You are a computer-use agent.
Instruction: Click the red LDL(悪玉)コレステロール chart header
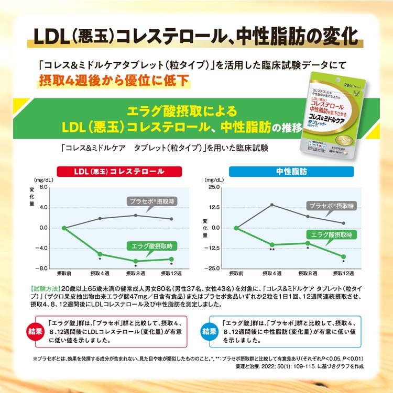[119, 171]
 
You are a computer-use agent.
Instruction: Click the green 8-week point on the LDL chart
[135, 261]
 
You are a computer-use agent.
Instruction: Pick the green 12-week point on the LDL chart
[171, 259]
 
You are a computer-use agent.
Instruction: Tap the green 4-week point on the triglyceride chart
[272, 244]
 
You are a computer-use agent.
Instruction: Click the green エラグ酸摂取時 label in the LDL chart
[152, 246]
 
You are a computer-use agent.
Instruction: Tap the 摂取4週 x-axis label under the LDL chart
[100, 274]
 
